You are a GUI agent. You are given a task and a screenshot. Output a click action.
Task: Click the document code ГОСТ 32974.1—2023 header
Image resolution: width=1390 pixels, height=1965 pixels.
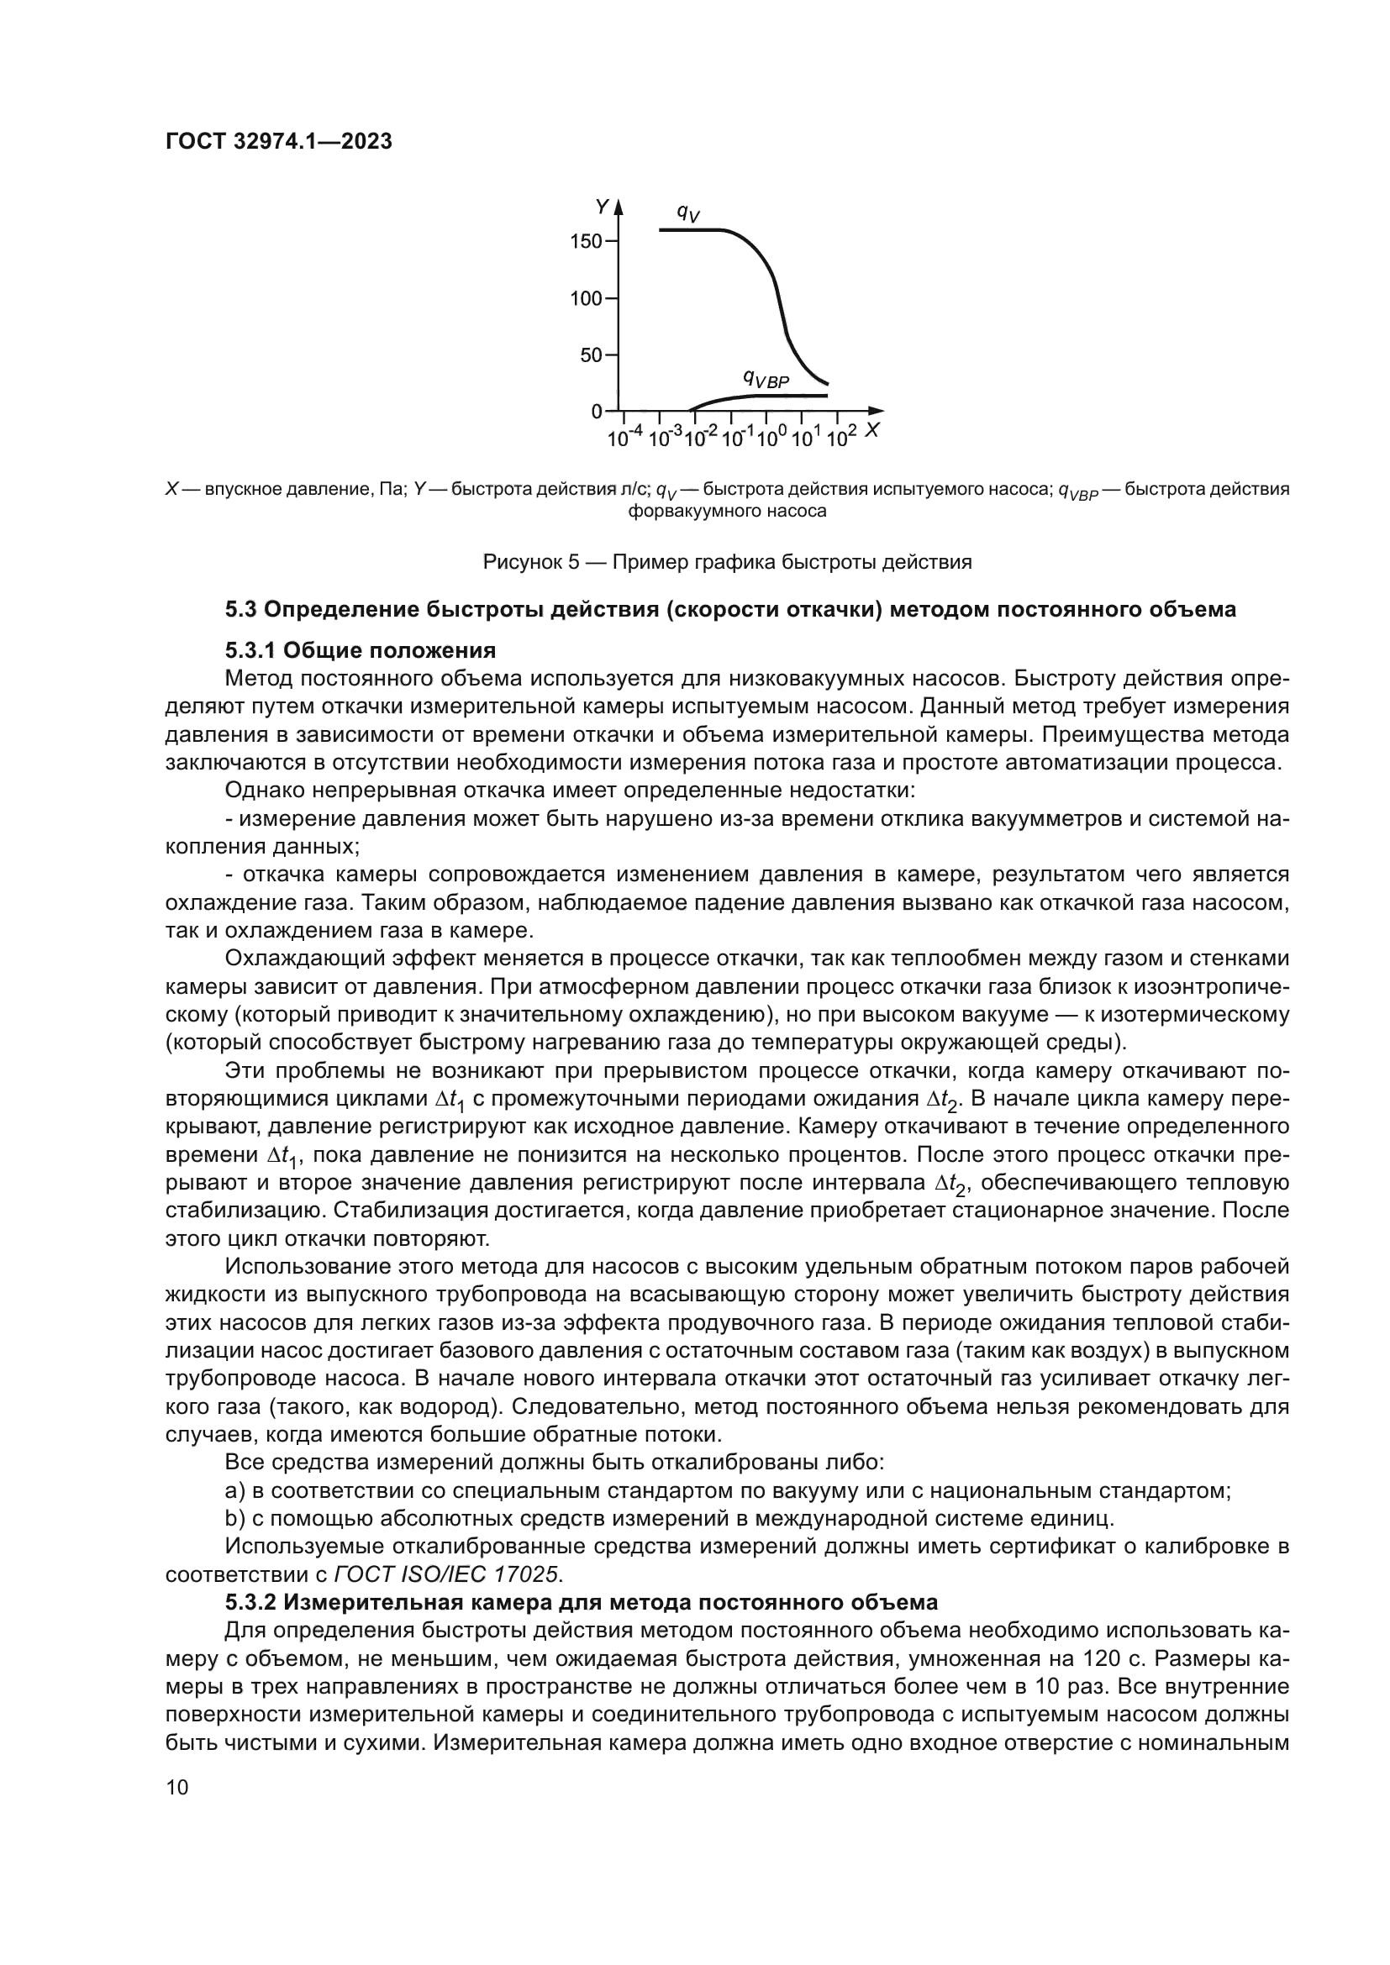tap(278, 141)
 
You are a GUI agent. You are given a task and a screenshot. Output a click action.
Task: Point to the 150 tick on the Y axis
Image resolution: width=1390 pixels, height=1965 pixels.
tap(587, 241)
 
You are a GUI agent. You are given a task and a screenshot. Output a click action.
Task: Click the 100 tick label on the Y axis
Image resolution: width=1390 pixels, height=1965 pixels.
tap(587, 299)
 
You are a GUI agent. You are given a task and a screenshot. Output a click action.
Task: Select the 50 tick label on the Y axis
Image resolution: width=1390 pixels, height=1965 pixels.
tap(592, 355)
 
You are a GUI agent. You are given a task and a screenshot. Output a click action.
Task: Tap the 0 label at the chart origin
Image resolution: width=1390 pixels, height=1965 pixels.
tap(597, 412)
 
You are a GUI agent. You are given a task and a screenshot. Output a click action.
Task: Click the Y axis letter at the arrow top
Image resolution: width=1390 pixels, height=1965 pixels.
tap(602, 207)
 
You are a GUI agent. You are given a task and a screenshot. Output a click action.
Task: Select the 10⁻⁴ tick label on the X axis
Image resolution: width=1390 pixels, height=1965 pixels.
tap(624, 439)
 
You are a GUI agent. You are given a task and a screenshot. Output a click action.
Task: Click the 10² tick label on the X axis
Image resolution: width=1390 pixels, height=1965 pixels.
tap(842, 439)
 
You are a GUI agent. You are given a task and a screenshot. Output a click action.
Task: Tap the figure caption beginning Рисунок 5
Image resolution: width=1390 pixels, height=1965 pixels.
tap(728, 562)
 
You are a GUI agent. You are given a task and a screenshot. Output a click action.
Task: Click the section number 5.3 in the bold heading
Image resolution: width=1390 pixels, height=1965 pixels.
tap(240, 609)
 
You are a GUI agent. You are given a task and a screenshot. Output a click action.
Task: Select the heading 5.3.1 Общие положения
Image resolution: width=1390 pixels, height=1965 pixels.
tap(361, 650)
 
